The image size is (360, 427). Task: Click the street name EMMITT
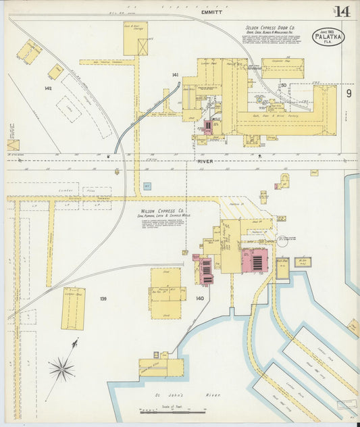211,11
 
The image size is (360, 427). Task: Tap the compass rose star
62,369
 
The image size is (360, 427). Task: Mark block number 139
103,298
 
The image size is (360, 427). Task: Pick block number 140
199,298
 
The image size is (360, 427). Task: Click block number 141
175,74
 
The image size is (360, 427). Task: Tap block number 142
48,88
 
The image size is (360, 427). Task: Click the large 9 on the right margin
349,93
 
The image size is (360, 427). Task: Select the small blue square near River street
147,186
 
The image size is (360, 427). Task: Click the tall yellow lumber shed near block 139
73,308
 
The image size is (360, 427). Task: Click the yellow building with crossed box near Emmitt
136,39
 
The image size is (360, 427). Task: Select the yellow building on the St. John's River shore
161,367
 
